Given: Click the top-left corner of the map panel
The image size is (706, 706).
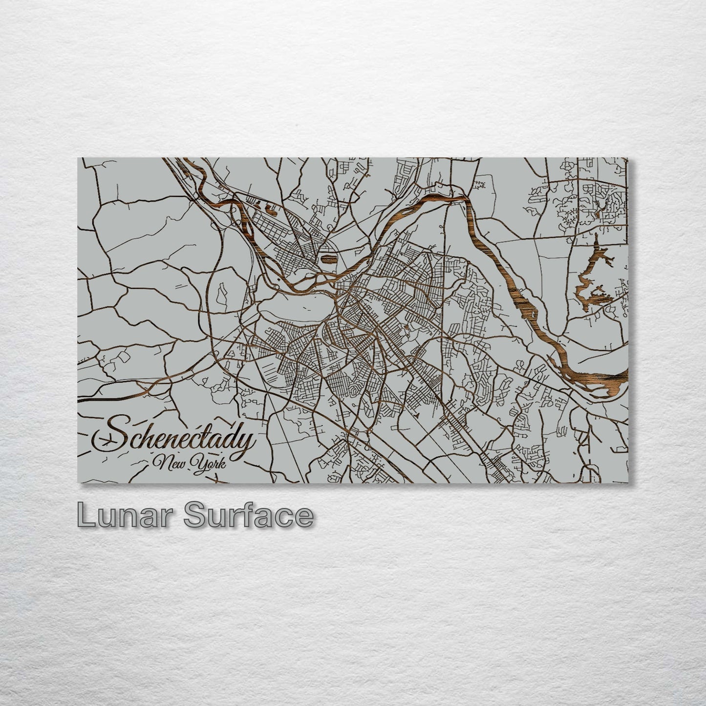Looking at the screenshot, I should click(79, 158).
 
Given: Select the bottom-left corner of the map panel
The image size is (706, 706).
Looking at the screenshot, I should click(79, 482).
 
